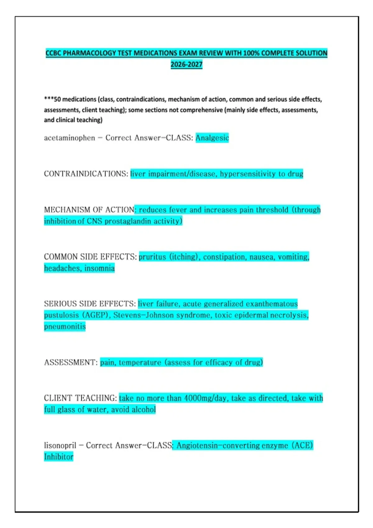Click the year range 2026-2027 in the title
[x=186, y=65]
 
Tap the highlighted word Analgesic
[x=212, y=138]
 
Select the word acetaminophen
[x=69, y=138]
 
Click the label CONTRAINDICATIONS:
[x=86, y=174]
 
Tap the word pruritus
[x=152, y=257]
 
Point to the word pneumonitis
[x=65, y=326]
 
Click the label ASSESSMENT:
[x=71, y=362]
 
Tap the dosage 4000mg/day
[x=205, y=398]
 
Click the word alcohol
[x=143, y=410]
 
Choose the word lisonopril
[x=60, y=445]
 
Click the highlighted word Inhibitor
[x=58, y=457]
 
